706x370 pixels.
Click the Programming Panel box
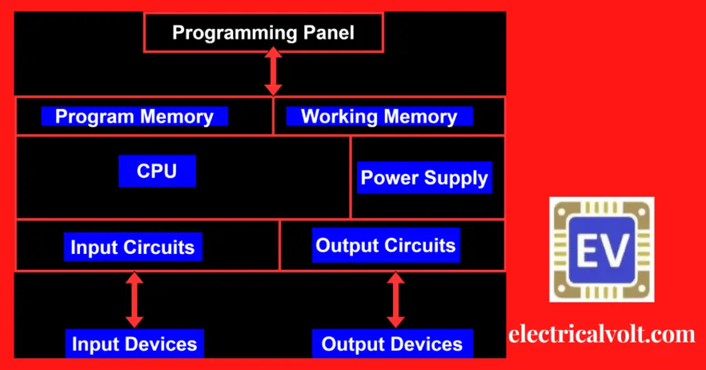[263, 32]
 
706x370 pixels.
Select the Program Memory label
[134, 117]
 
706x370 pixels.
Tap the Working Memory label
[379, 117]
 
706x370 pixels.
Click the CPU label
[157, 171]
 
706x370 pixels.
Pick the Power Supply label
[425, 178]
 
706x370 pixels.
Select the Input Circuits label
[132, 247]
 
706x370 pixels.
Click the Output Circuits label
[385, 245]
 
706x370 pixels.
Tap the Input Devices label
[134, 344]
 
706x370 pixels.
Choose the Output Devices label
[392, 344]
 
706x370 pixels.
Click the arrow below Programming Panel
[274, 71]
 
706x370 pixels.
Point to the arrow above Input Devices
[134, 300]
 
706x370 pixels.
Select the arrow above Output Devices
[395, 300]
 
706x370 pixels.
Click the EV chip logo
[601, 249]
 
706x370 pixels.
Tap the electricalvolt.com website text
[602, 335]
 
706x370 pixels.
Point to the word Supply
[456, 178]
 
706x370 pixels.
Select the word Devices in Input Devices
[163, 344]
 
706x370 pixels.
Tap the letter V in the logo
[614, 249]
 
